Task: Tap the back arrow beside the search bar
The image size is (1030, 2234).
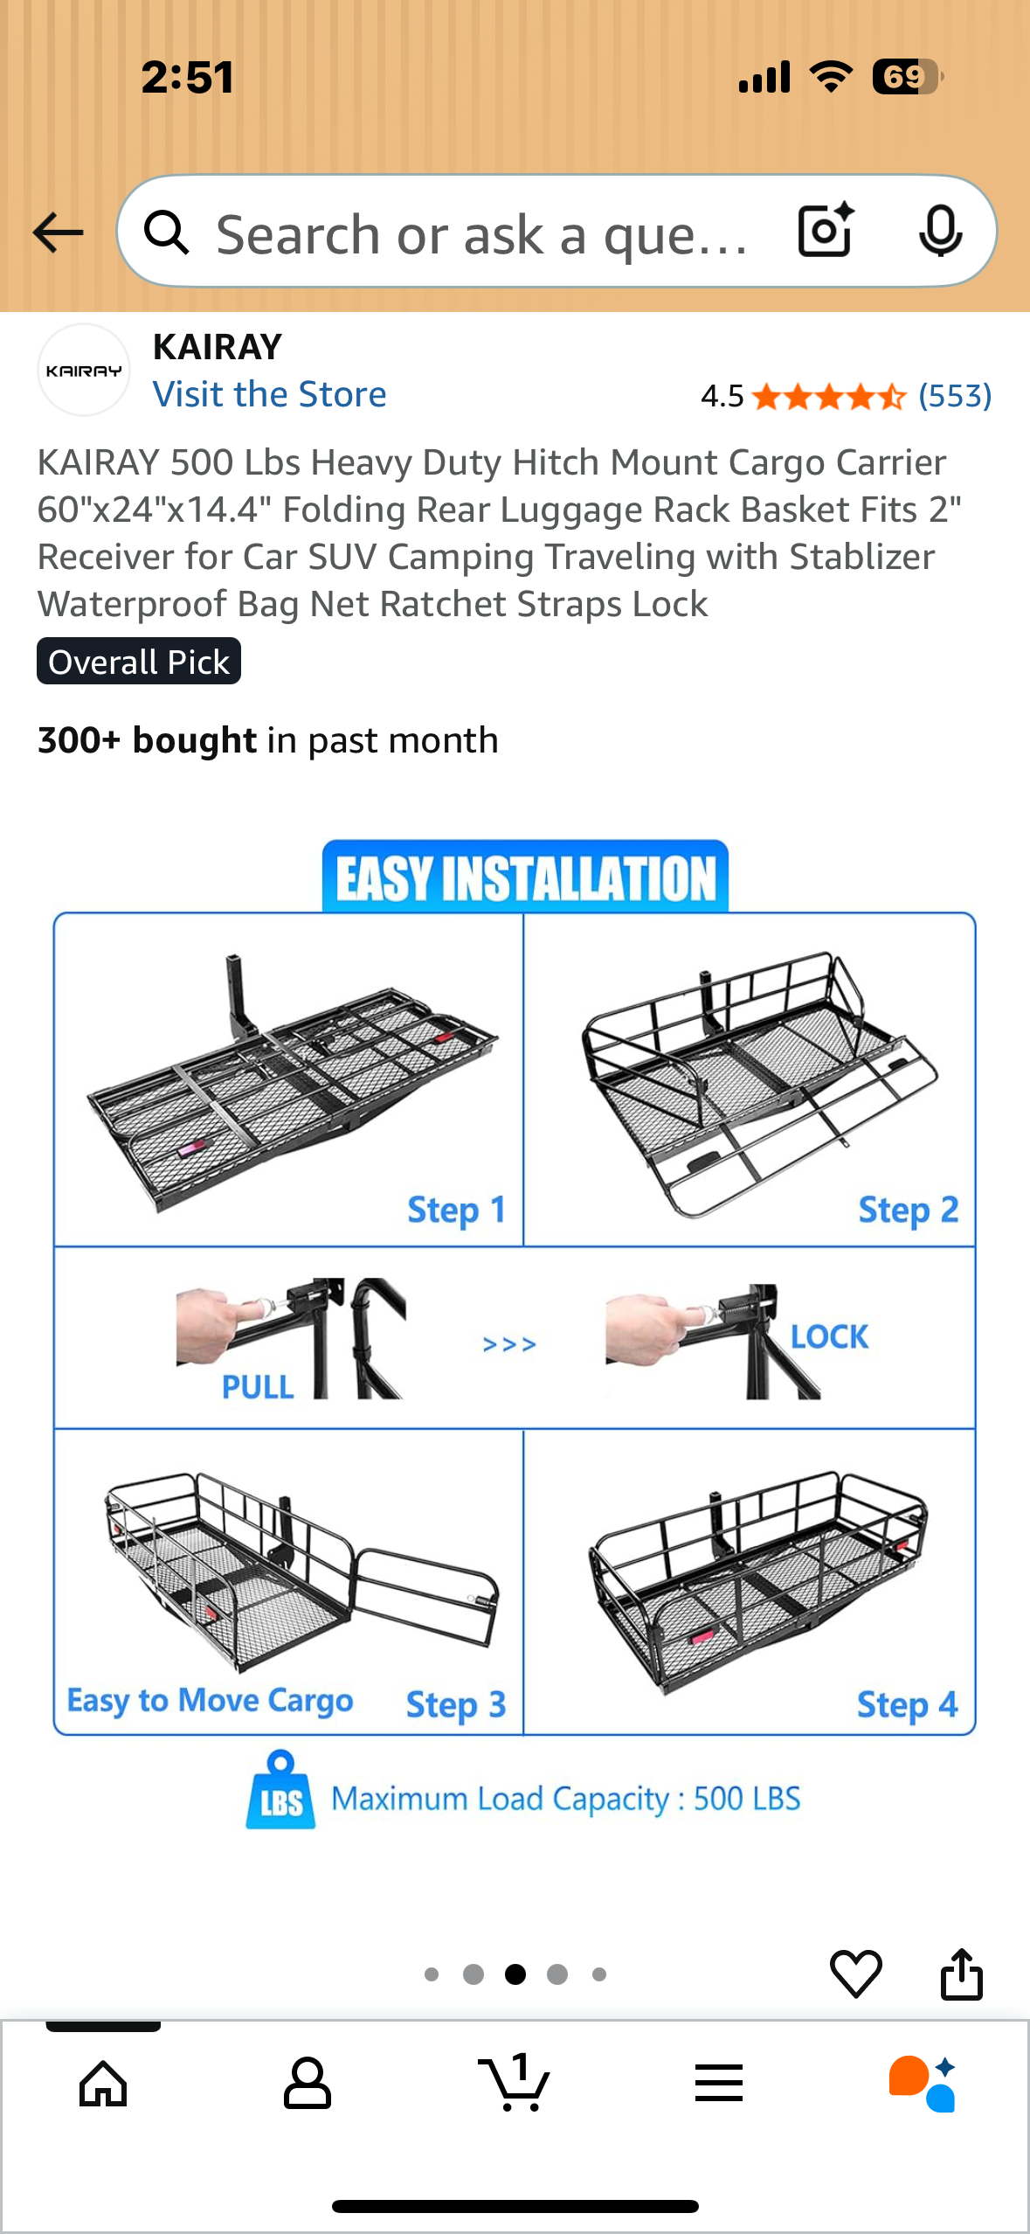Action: tap(58, 232)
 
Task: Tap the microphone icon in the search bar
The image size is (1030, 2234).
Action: tap(941, 232)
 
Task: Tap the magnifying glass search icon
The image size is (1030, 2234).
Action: tap(166, 232)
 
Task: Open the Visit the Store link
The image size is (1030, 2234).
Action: tap(269, 394)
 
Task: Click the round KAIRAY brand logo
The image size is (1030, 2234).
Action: tap(84, 371)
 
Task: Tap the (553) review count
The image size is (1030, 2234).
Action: tap(955, 396)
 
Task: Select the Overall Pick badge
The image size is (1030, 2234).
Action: tap(139, 662)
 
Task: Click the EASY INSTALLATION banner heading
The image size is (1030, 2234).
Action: tap(525, 878)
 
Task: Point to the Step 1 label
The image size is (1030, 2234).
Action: tap(456, 1211)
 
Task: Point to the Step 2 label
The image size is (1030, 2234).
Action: tap(909, 1211)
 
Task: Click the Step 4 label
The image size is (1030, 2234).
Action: tap(907, 1704)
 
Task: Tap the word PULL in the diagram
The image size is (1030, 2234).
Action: tap(258, 1387)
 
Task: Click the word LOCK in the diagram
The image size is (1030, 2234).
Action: tap(829, 1336)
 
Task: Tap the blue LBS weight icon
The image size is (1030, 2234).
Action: tap(280, 1790)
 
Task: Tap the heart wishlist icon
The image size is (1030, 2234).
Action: tap(855, 1974)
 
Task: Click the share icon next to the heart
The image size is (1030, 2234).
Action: tap(961, 1973)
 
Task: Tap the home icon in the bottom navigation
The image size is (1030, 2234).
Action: tap(103, 2084)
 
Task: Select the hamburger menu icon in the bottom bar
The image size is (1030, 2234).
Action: tap(719, 2083)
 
